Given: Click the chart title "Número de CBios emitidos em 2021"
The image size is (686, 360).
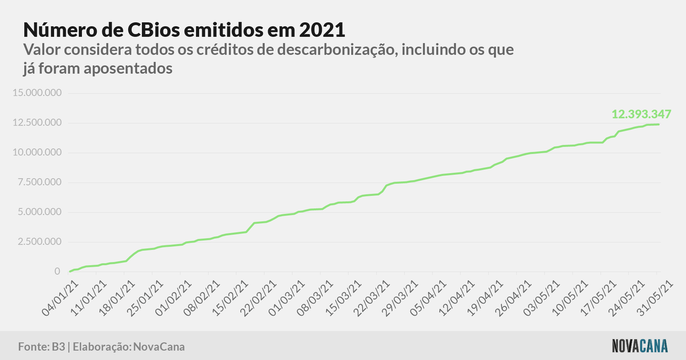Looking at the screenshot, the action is pyautogui.click(x=184, y=30).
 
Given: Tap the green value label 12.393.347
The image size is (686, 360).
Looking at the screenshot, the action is pyautogui.click(x=641, y=114).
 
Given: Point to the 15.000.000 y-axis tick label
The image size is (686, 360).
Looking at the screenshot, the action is pyautogui.click(x=37, y=93).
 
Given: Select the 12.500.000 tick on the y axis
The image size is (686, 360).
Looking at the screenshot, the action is pyautogui.click(x=37, y=123).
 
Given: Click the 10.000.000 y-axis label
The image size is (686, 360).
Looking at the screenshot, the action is pyautogui.click(x=37, y=152).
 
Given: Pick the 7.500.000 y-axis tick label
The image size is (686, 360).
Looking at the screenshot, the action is pyautogui.click(x=40, y=182).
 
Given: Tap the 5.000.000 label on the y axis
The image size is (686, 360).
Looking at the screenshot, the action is pyautogui.click(x=40, y=212).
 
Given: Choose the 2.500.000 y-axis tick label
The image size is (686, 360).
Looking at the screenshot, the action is pyautogui.click(x=40, y=242).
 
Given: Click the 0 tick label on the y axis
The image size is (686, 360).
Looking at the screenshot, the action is pyautogui.click(x=58, y=271).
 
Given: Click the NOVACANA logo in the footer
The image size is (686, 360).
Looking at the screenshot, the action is pyautogui.click(x=640, y=346).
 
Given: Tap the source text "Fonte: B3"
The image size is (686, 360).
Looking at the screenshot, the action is pyautogui.click(x=42, y=347).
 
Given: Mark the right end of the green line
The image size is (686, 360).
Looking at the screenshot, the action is pyautogui.click(x=659, y=124).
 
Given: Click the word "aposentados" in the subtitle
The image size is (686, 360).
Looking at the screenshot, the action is pyautogui.click(x=128, y=69).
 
